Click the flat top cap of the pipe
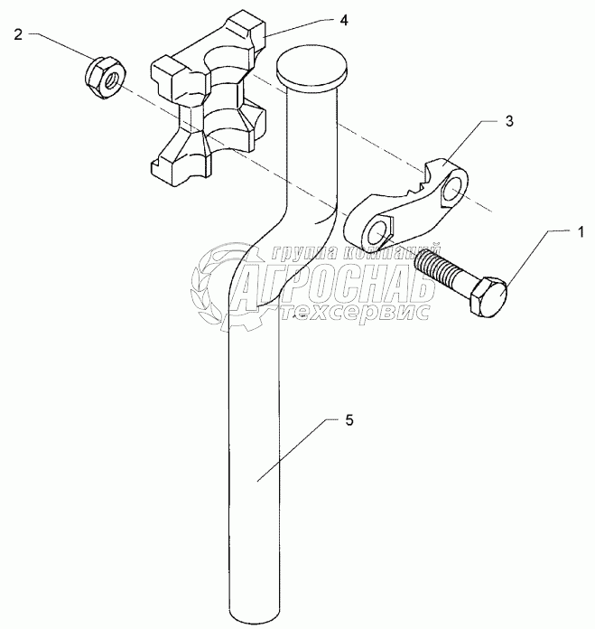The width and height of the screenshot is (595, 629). click(x=312, y=66)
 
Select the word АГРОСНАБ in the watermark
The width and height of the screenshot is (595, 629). click(x=334, y=285)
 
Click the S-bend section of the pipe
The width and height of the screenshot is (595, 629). click(x=271, y=239)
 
